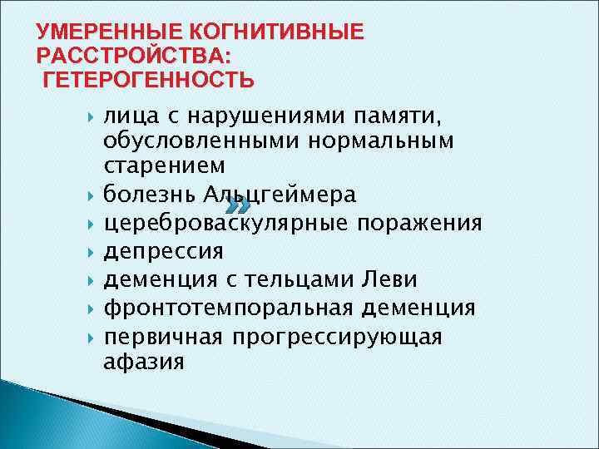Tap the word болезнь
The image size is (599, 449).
tap(150, 195)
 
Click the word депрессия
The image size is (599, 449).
tap(164, 252)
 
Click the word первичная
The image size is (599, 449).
tap(163, 337)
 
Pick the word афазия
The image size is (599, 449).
tap(144, 363)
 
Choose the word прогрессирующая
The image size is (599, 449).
tap(337, 337)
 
